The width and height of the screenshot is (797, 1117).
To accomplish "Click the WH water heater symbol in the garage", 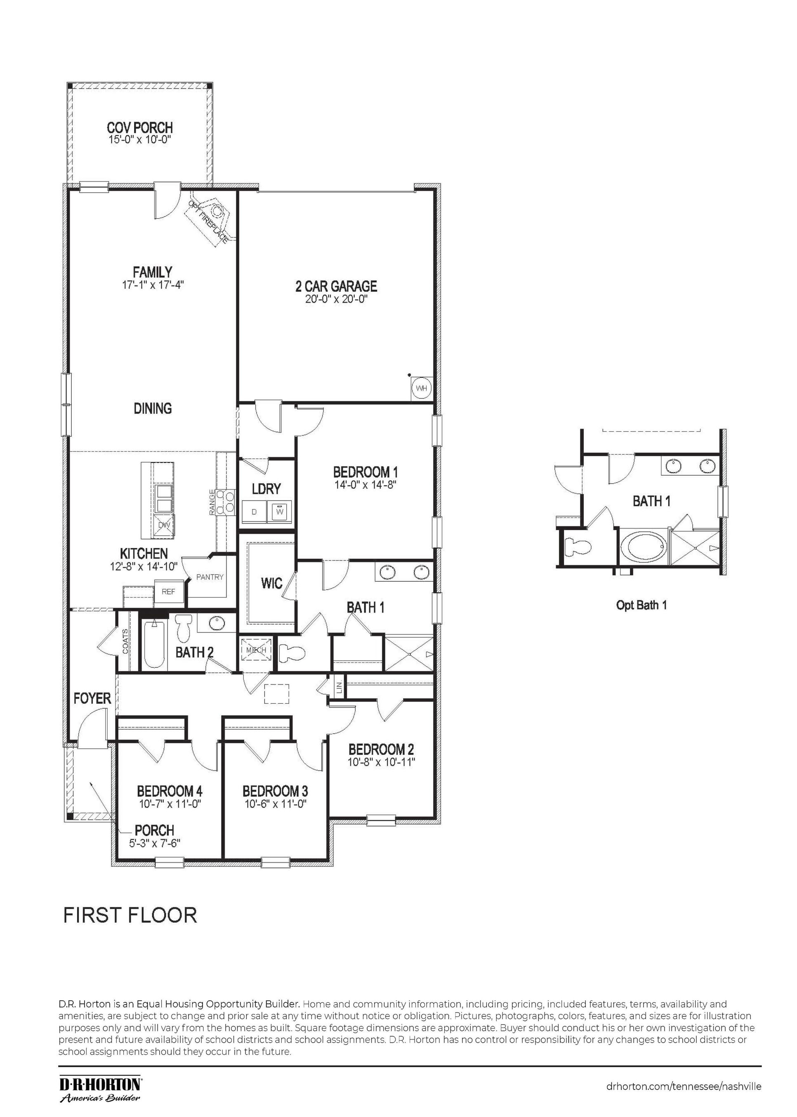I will click(x=422, y=388).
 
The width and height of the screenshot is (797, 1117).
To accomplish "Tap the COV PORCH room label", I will click(x=140, y=127).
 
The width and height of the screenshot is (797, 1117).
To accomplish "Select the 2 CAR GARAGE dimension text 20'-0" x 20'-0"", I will click(x=336, y=299).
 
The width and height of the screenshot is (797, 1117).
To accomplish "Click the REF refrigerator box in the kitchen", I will click(x=168, y=591).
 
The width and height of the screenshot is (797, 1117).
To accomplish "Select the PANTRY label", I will click(x=210, y=577).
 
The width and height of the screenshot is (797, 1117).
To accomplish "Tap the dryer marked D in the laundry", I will click(x=254, y=512).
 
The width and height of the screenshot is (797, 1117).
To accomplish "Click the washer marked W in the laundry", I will click(x=280, y=511).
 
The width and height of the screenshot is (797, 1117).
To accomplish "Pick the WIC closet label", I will click(x=271, y=583).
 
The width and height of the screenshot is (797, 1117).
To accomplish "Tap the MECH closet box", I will click(x=256, y=650).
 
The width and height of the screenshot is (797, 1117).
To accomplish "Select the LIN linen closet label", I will click(x=339, y=687).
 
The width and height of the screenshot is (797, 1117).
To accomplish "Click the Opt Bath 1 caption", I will click(x=641, y=605).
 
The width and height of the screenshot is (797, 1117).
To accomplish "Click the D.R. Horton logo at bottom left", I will click(x=101, y=1084).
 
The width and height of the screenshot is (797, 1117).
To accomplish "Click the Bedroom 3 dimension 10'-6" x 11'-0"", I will click(x=275, y=804).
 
